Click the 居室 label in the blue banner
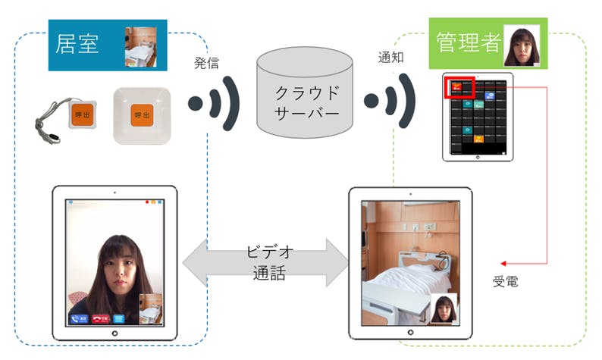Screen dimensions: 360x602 (77, 45)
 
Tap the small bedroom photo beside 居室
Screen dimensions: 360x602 (141, 47)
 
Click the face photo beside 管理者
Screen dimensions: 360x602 (522, 45)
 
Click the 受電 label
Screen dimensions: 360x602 (506, 282)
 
